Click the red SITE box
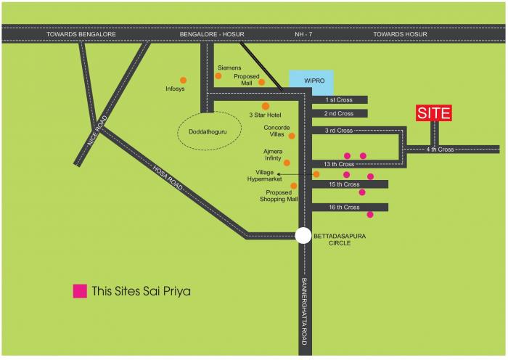[x=434, y=112]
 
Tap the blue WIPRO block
[x=311, y=79]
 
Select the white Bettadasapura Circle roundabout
[x=304, y=235]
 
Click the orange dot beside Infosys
[x=183, y=80]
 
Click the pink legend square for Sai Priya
[x=79, y=291]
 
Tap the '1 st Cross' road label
[x=339, y=99]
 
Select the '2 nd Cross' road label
[x=339, y=113]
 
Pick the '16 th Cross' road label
[x=344, y=208]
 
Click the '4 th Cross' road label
[x=440, y=150]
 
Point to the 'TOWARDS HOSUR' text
[x=401, y=34]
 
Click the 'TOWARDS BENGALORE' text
[x=77, y=34]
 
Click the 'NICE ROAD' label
[x=97, y=134]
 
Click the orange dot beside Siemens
[x=218, y=75]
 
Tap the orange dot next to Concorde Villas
[x=292, y=136]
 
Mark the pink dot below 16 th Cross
[x=370, y=215]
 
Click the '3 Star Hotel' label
[x=265, y=115]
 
